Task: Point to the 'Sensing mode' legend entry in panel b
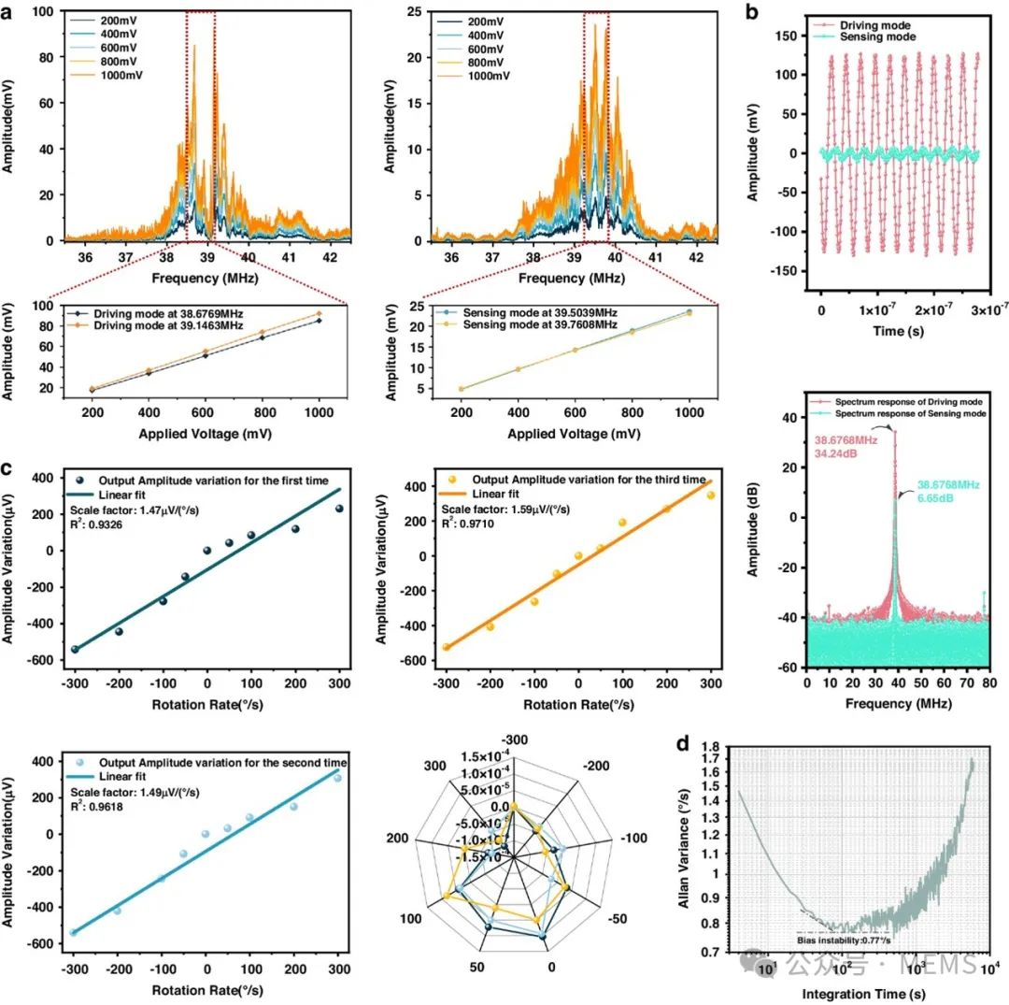click(861, 36)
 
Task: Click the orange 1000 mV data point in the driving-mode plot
click(319, 314)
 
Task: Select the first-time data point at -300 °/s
click(76, 649)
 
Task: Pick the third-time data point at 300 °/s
click(710, 495)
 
